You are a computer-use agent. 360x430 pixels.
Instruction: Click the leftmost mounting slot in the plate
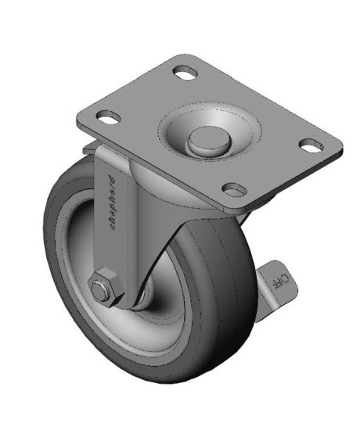(108, 118)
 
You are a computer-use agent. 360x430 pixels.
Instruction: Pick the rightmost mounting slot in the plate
(311, 145)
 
